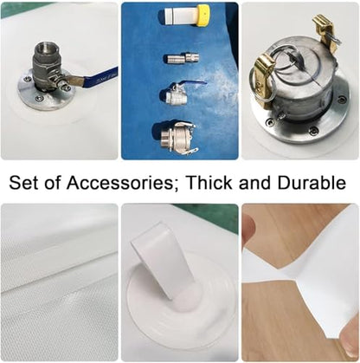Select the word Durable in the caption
[x=312, y=183]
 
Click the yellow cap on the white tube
[x=203, y=16]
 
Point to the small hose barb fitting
[x=182, y=58]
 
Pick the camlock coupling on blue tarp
[x=177, y=137]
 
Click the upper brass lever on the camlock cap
[x=326, y=32]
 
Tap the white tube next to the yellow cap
[x=181, y=16]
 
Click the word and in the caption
[x=254, y=183]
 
